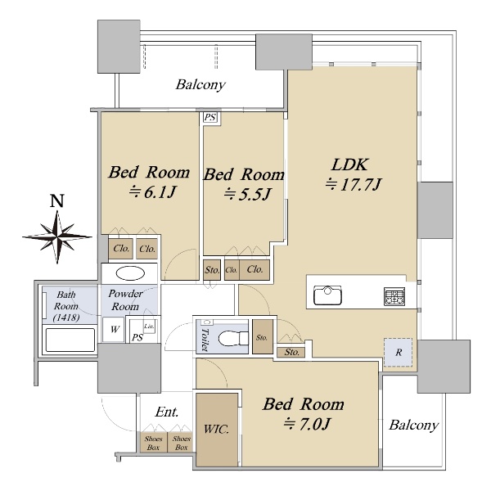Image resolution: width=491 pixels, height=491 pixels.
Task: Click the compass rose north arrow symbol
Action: coord(57,237)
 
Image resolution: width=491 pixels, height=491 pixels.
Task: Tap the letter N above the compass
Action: coord(57,201)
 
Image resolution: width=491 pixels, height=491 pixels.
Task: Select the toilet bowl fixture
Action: coord(233,338)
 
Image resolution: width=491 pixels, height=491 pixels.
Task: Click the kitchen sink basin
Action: coord(327,295)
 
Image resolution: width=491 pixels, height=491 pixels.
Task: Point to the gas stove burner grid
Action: coord(394,296)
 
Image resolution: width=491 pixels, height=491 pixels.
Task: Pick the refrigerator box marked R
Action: coord(398,352)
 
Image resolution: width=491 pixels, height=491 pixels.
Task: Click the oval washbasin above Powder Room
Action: coord(130,273)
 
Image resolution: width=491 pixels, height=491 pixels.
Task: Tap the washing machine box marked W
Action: coord(115,330)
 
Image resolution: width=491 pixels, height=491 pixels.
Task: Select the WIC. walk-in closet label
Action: coord(216,429)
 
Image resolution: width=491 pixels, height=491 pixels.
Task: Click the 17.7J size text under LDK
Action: coord(354,184)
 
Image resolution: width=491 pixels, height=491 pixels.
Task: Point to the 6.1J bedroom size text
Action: coord(152,192)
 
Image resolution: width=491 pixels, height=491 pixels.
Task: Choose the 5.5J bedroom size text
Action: coord(247,195)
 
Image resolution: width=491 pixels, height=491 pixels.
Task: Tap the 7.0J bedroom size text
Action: coord(307,424)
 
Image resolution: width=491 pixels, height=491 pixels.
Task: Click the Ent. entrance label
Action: coord(167,412)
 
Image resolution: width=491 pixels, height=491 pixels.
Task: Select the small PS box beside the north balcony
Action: coord(210,118)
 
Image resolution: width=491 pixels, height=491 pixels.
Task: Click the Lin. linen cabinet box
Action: coord(149,327)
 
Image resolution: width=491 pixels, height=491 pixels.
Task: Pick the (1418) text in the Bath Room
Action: coord(66,318)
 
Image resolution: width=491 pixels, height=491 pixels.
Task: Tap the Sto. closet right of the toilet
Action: coord(263,336)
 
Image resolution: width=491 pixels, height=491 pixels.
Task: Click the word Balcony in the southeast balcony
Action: coord(413,426)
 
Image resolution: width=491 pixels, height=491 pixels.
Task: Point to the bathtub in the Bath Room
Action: coord(70,340)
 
